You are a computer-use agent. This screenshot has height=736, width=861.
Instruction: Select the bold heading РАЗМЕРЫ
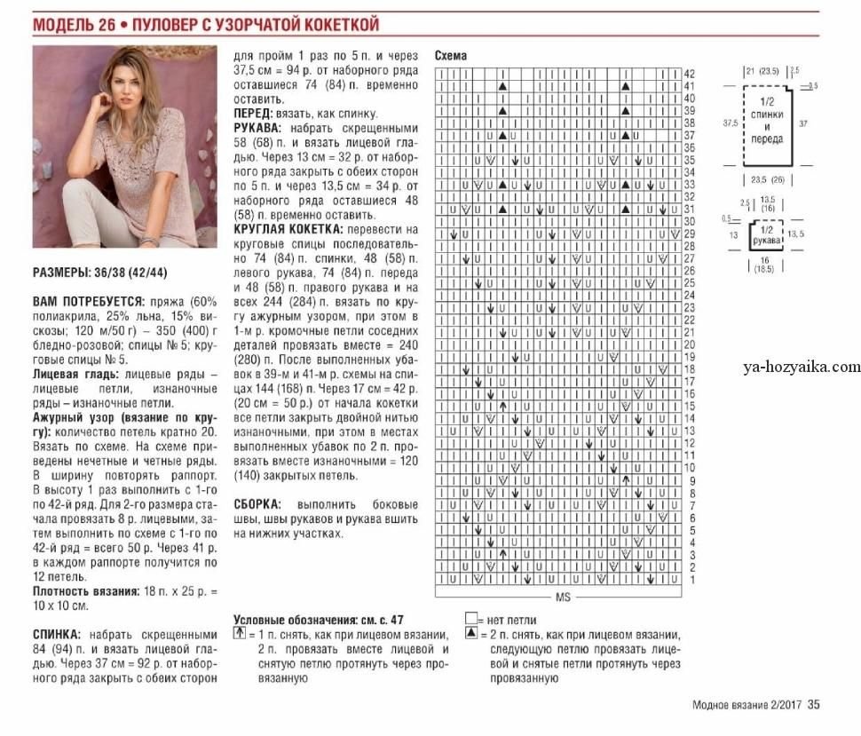tap(67, 272)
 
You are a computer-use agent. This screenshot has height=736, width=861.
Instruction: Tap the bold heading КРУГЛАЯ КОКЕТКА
tap(275, 229)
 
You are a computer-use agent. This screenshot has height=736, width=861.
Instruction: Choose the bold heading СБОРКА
tap(257, 503)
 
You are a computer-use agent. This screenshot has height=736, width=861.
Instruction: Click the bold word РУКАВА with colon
tap(258, 127)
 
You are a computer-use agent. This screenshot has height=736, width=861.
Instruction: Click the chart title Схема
tap(451, 56)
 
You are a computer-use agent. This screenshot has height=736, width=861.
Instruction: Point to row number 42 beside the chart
tap(689, 73)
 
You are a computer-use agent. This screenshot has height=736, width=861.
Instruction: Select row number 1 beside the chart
tap(689, 578)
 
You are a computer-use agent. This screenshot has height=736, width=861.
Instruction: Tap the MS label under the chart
tap(562, 598)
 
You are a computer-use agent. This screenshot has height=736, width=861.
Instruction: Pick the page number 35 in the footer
tap(814, 706)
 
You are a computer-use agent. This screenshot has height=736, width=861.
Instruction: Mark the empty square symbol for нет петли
tap(470, 619)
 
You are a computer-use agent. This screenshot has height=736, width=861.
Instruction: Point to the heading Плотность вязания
tap(85, 590)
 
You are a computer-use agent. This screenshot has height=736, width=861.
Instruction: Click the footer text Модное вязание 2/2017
tap(746, 706)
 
